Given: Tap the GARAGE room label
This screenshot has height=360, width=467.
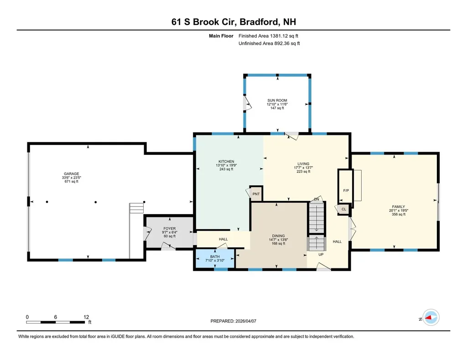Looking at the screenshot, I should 71,174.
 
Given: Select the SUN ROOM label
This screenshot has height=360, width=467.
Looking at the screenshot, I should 277,100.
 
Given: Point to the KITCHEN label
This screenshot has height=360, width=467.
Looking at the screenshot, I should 226,161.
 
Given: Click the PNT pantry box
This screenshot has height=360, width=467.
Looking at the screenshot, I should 256,194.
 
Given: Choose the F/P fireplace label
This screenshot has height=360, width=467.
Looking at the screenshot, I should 345,190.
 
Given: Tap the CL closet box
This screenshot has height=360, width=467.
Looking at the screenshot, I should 344,209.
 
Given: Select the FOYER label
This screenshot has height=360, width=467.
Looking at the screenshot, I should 169,229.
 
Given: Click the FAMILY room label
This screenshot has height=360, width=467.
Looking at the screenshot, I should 397,206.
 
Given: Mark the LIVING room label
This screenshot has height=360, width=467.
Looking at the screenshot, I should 303,164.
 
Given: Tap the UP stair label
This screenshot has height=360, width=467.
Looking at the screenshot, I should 321,254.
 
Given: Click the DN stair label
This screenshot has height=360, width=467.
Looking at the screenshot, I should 316,199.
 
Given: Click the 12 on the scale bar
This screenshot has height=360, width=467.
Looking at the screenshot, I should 86,317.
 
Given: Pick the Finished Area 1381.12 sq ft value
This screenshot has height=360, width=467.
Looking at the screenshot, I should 269,36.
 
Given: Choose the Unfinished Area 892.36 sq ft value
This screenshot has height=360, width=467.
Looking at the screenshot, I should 269,43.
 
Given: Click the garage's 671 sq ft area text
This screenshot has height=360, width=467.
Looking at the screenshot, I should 71,181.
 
